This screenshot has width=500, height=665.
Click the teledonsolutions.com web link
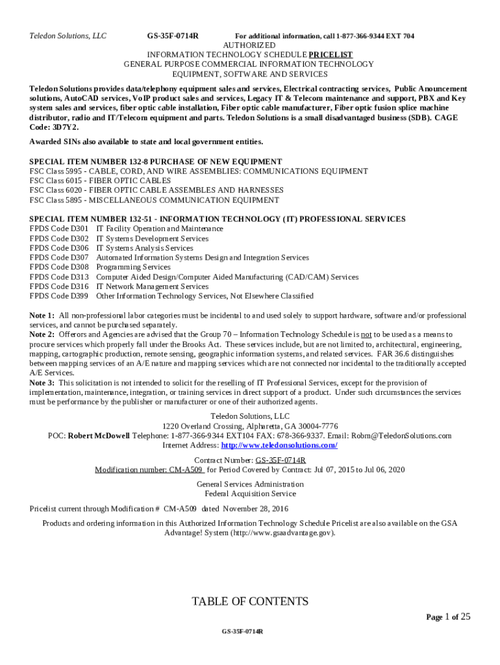pos(279,445)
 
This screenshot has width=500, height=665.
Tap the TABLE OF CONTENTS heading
pos(250,601)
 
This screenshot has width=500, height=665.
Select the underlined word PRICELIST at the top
pos(331,55)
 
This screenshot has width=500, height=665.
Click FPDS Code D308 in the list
pos(59,267)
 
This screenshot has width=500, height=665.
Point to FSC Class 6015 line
pos(101,181)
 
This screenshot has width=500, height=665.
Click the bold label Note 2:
pos(42,334)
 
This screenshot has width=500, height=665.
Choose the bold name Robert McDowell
pos(99,436)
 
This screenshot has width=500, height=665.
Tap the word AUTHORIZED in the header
pos(249,45)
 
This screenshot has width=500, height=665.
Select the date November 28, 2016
pos(255,508)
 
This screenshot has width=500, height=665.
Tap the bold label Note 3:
pos(42,383)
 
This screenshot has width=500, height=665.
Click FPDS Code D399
pos(59,296)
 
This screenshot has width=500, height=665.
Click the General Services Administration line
pos(250,484)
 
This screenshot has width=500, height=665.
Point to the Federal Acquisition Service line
pos(250,494)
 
